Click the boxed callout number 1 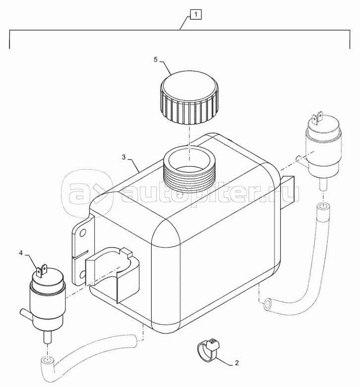tap(196, 14)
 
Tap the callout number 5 tap(155, 60)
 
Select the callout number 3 tap(124, 157)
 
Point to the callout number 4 tap(21, 253)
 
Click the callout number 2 tap(237, 363)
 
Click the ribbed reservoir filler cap tap(189, 97)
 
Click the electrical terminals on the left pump tap(42, 270)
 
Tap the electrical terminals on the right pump tap(317, 118)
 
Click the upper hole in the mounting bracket tap(83, 233)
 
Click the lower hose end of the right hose tap(267, 304)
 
